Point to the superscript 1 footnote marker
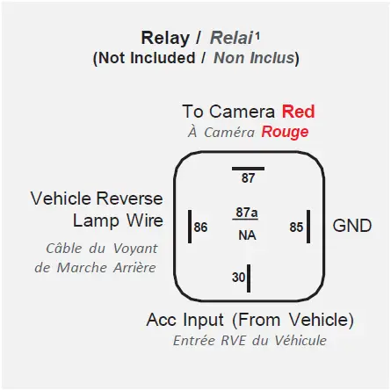click(x=257, y=34)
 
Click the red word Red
click(x=298, y=112)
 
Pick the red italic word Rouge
click(x=285, y=132)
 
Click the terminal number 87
click(x=248, y=178)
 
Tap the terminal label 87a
click(x=247, y=213)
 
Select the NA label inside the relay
click(x=247, y=235)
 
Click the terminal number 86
click(x=201, y=227)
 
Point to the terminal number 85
click(x=296, y=227)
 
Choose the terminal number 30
click(x=238, y=278)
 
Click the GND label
click(x=351, y=226)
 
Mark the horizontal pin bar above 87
click(x=248, y=166)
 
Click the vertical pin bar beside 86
click(x=190, y=226)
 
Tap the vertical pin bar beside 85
click(x=308, y=226)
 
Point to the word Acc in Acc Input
click(x=162, y=319)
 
